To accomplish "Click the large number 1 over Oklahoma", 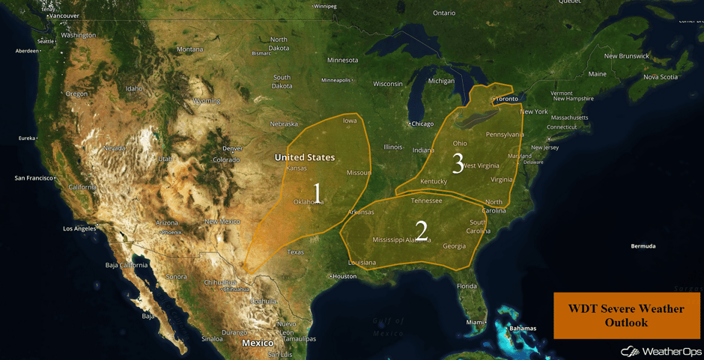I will [x=318, y=193].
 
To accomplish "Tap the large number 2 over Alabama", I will [x=422, y=231].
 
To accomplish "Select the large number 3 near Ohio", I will [x=458, y=163].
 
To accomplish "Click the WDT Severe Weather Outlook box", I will [x=626, y=315].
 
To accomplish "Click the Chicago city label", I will [x=422, y=123].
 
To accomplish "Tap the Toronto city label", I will [x=506, y=99].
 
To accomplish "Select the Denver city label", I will [x=233, y=148].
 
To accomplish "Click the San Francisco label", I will [x=34, y=178].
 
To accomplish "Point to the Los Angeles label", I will [x=79, y=228].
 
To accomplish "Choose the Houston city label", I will [x=345, y=276].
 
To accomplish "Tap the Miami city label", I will [x=474, y=323].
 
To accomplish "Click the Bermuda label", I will [x=643, y=246].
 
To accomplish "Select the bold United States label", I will [x=304, y=157].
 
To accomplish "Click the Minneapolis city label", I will [x=336, y=80].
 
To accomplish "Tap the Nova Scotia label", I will [x=660, y=77].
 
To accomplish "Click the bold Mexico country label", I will [x=257, y=343].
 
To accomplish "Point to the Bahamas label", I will [x=523, y=329].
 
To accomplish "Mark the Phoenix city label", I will [x=172, y=232].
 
